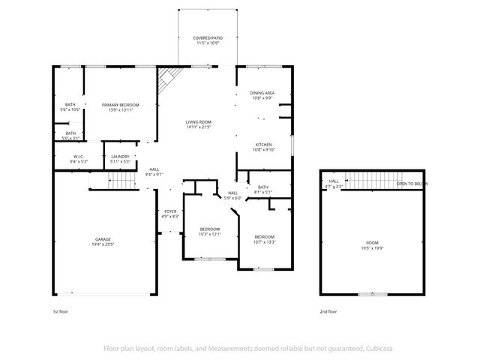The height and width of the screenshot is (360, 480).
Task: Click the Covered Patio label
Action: click(x=207, y=39)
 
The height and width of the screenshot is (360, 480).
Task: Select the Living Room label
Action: click(x=199, y=124)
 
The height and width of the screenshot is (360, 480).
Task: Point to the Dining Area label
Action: click(x=262, y=94)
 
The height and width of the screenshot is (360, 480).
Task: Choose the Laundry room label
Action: click(x=120, y=158)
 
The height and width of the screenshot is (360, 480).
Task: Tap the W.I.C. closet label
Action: click(x=79, y=158)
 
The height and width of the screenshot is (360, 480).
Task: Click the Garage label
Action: click(x=103, y=241)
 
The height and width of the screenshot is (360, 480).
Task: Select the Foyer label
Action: click(x=170, y=214)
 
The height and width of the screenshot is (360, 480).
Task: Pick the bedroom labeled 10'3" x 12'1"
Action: click(x=210, y=231)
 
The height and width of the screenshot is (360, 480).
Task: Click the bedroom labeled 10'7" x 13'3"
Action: click(x=264, y=238)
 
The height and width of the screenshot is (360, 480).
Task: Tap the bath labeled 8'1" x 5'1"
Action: click(x=263, y=189)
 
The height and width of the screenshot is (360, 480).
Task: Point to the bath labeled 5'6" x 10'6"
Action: click(x=70, y=107)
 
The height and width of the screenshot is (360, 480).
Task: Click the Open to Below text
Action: click(x=412, y=183)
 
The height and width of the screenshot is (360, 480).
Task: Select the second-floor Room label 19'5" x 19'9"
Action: click(x=372, y=244)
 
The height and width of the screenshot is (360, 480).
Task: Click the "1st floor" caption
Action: click(x=60, y=311)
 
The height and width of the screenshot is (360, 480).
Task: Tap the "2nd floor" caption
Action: click(x=328, y=311)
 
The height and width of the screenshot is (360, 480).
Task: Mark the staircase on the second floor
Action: click(x=367, y=181)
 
